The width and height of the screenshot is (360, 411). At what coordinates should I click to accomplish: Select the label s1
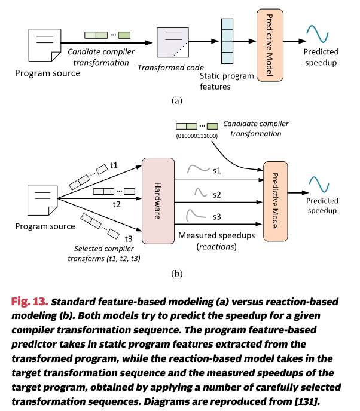pos(217,171)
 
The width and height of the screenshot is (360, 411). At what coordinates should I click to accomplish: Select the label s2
pos(217,195)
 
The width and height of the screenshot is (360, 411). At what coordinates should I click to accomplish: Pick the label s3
pos(217,216)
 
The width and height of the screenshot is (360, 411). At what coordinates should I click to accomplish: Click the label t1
pos(114,165)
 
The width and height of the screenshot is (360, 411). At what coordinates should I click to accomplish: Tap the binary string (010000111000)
pos(197,137)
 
